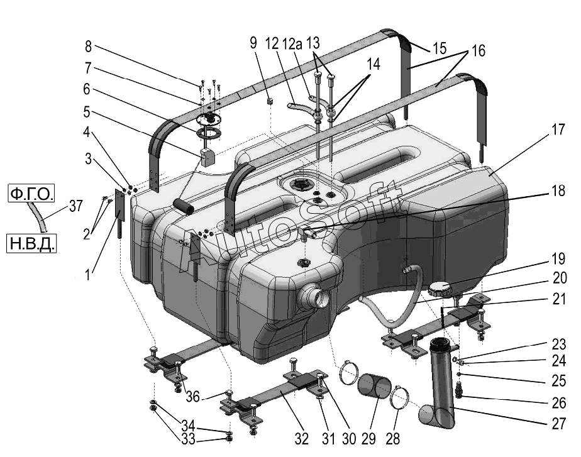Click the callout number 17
558,130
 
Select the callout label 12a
292,44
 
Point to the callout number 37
75,206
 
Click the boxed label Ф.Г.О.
31,194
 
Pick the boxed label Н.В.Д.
31,244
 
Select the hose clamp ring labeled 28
399,397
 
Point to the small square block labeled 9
270,101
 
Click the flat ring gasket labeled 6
209,132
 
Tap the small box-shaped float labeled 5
207,157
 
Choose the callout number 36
192,397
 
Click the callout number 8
88,47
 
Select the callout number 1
87,275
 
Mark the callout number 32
302,439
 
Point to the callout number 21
559,299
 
